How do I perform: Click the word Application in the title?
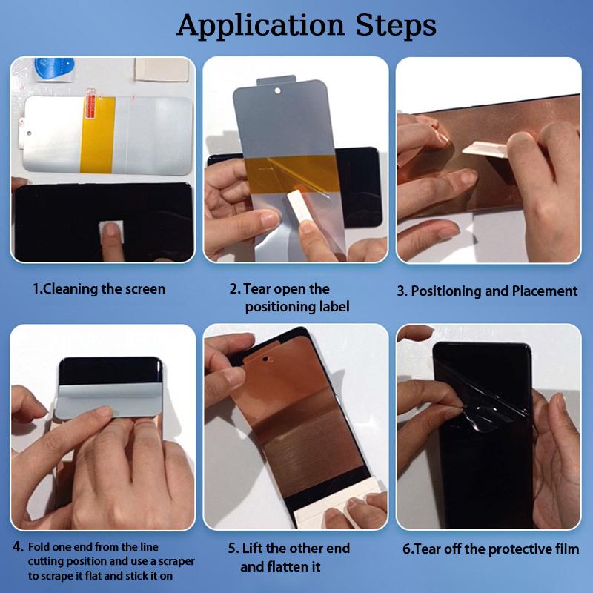coord(261,27)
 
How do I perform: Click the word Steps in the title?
coord(397,25)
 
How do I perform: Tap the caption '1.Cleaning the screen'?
coord(99,289)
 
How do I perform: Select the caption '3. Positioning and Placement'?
coord(487,291)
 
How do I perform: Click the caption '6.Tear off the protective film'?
coord(491,549)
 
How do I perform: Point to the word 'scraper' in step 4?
coord(176,561)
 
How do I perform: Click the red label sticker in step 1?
coord(91,104)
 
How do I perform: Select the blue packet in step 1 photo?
coord(53,69)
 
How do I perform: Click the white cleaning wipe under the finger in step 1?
coord(112,231)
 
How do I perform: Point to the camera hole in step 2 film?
coord(277,90)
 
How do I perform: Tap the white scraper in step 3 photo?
coord(485,149)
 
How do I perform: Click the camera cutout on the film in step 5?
coord(267,359)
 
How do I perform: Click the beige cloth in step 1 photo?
coord(162,70)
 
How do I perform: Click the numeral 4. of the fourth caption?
coord(18,547)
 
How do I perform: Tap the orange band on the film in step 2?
coord(292,174)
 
